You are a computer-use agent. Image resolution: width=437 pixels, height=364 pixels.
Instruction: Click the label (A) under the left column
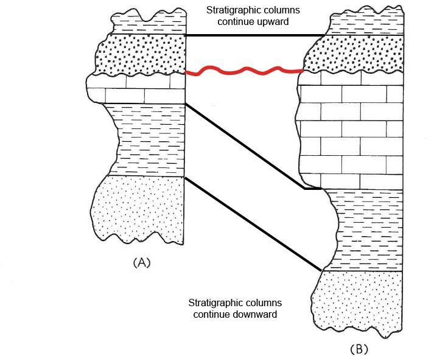tap(141, 262)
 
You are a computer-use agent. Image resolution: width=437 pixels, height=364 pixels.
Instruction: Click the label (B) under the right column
tap(358, 349)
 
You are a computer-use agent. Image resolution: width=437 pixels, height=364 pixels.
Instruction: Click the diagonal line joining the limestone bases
tap(243, 146)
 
